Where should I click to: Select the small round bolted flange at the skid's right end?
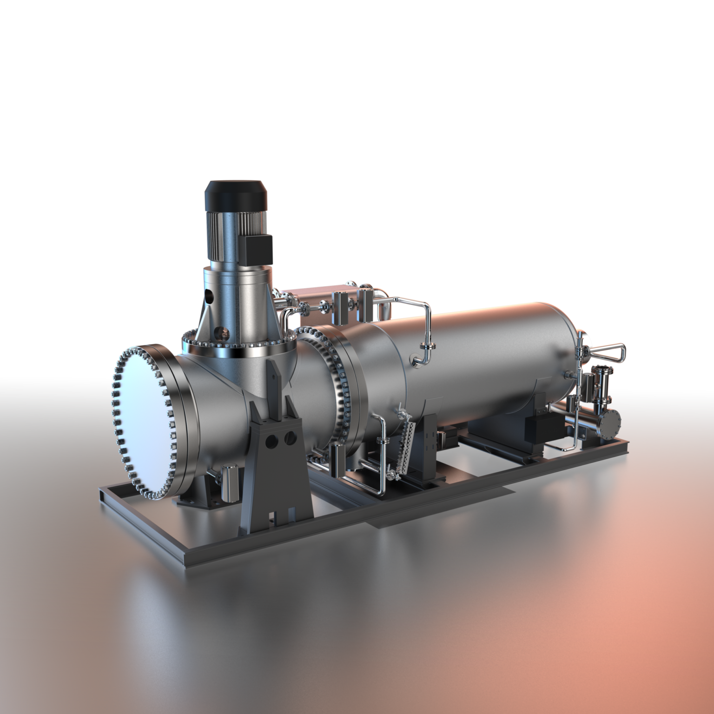coord(609,423)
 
